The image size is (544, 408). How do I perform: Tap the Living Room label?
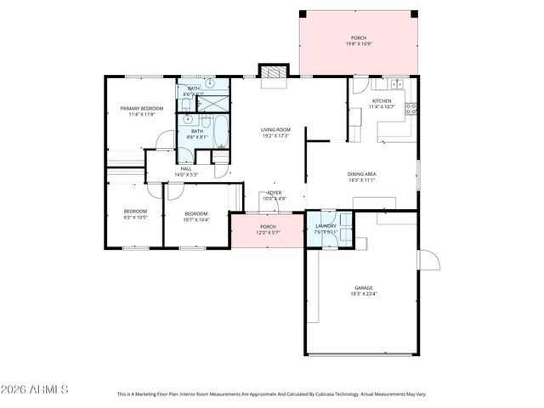[276, 130]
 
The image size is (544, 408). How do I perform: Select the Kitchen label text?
[381, 102]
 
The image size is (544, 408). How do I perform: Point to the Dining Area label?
[362, 174]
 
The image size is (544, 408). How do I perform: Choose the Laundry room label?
[326, 226]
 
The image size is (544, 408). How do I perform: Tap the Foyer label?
[275, 193]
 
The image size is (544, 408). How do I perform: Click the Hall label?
[186, 169]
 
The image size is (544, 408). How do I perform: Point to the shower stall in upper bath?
[213, 104]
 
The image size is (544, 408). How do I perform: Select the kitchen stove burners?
[411, 109]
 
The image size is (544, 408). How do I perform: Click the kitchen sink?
[396, 83]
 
